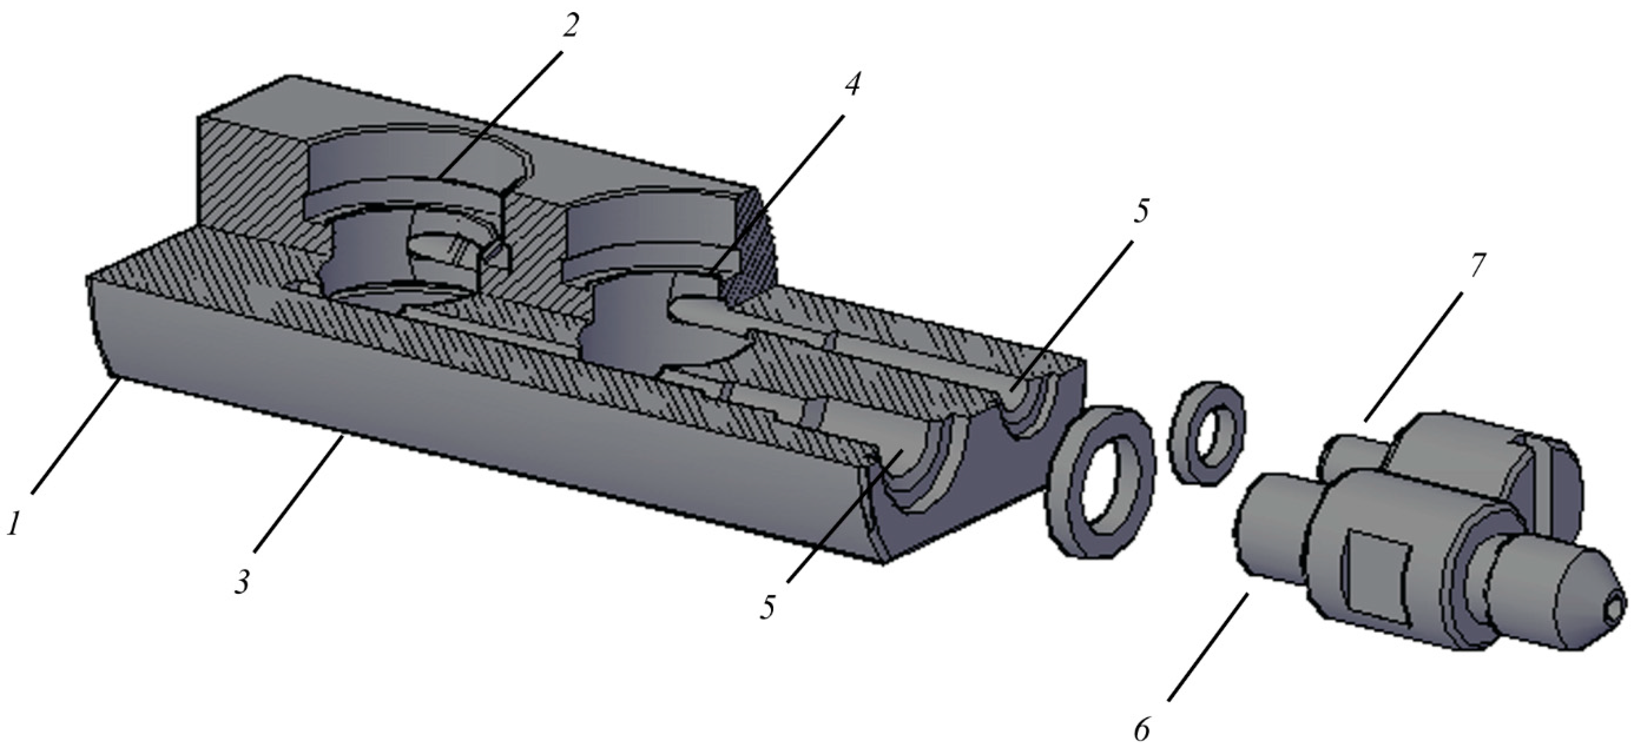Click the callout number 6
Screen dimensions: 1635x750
click(x=1143, y=730)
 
